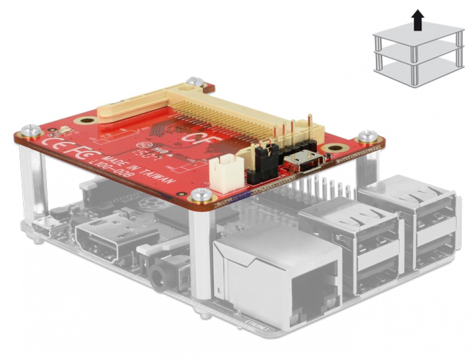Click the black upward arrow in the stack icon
pos(417,22)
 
